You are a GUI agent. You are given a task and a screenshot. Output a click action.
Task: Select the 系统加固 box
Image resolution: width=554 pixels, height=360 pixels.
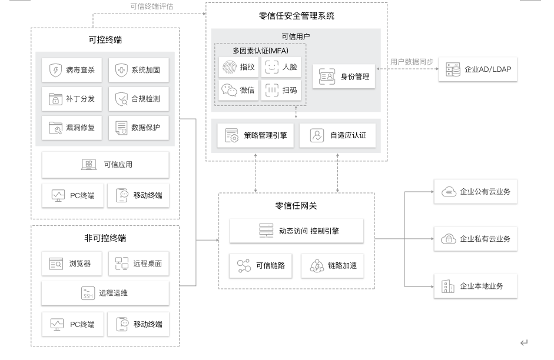[x=138, y=70]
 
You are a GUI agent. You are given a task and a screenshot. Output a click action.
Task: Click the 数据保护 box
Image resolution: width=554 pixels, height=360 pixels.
[x=138, y=127]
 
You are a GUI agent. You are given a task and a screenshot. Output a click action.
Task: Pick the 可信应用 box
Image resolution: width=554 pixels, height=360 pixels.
[x=105, y=165]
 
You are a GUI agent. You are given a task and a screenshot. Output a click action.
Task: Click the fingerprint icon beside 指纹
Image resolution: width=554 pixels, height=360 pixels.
[x=229, y=68]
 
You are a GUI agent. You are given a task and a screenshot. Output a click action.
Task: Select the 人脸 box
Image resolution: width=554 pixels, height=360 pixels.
[x=281, y=68]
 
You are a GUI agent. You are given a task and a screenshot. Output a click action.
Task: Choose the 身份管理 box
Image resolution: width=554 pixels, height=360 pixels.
[x=344, y=76]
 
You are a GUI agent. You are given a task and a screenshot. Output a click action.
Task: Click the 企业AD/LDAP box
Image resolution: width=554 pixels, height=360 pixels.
[x=478, y=69]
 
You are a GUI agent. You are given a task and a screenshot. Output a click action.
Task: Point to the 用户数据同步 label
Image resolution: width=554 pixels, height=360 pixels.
[x=412, y=61]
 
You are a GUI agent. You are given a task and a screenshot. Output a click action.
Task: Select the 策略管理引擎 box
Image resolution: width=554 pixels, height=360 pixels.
[x=256, y=135]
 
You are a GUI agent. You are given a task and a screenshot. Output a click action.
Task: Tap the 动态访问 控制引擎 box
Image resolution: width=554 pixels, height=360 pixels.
[x=296, y=231]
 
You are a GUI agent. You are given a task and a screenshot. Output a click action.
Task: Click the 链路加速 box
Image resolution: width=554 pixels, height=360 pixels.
[x=332, y=266]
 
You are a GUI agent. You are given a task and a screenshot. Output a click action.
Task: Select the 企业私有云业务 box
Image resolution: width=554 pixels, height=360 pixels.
[x=476, y=239]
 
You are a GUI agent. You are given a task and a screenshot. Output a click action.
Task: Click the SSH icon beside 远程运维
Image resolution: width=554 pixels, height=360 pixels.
[x=88, y=292]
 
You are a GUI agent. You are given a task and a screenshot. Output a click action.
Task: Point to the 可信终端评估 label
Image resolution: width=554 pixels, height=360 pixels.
[x=152, y=6]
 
